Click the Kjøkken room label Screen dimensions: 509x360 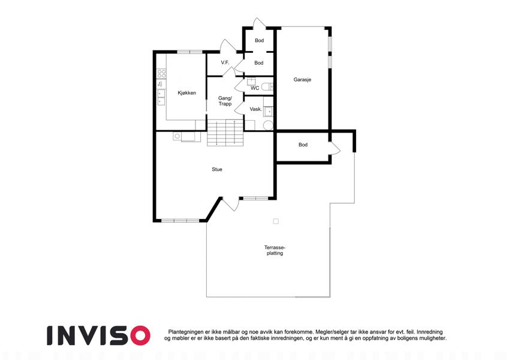click(x=186, y=93)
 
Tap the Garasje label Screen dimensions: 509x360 click(x=302, y=80)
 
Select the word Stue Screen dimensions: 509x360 click(x=217, y=169)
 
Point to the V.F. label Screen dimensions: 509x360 click(x=225, y=62)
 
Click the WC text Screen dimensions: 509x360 click(x=255, y=88)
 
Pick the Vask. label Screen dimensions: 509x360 click(x=256, y=109)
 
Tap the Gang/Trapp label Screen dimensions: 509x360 click(x=225, y=101)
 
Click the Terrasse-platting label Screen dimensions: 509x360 click(x=275, y=250)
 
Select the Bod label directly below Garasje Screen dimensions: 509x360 click(x=303, y=145)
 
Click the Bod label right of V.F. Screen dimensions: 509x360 click(x=259, y=63)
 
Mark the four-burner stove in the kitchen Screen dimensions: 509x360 click(x=161, y=73)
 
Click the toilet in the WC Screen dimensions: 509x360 click(x=267, y=87)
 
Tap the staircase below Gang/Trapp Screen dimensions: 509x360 click(x=225, y=133)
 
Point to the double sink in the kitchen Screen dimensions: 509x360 click(x=161, y=97)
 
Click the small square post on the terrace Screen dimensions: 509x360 click(x=276, y=221)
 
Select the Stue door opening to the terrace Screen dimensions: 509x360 click(x=230, y=204)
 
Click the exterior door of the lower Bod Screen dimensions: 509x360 click(x=335, y=148)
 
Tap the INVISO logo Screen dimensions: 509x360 click(x=99, y=335)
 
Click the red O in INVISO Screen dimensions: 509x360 click(x=140, y=335)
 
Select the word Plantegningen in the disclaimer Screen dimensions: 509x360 click(x=186, y=332)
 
